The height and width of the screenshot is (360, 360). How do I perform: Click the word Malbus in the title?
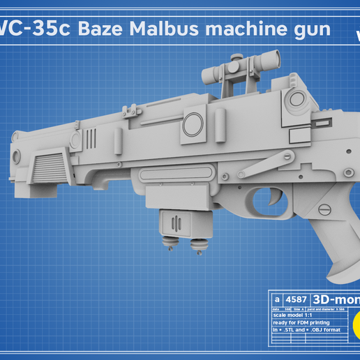pos(167,31)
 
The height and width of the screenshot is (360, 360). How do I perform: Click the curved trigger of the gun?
pos(267,200)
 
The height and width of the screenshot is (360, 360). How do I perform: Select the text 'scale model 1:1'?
pos(294,315)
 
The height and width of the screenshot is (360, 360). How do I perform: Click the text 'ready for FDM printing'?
pos(300,323)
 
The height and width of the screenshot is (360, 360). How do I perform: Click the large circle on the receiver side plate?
pos(193,126)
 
